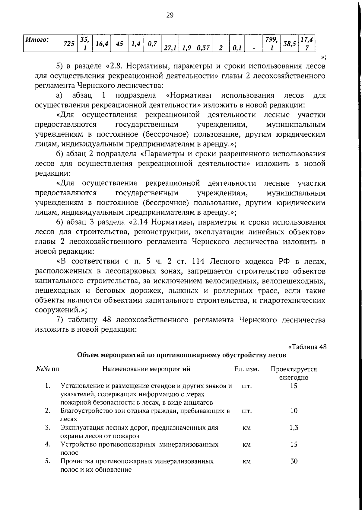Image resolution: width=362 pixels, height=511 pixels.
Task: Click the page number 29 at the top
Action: [x=170, y=15]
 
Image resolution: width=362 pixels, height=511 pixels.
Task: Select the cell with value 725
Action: [x=69, y=44]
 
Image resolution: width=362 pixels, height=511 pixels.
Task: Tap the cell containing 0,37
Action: [x=202, y=48]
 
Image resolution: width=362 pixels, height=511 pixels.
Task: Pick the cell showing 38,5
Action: [x=289, y=44]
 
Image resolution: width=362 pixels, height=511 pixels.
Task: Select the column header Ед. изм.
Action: [x=247, y=369]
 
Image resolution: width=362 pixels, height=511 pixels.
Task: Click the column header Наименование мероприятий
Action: [x=146, y=369]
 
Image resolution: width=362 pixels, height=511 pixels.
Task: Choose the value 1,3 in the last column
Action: [x=294, y=427]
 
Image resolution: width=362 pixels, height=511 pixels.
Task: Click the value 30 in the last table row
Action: [x=294, y=461]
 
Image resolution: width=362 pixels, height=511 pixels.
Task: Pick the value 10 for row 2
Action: [x=294, y=410]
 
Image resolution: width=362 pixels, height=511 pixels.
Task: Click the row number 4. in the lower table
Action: [x=47, y=444]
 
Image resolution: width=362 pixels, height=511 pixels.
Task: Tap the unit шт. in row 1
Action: [x=246, y=386]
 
